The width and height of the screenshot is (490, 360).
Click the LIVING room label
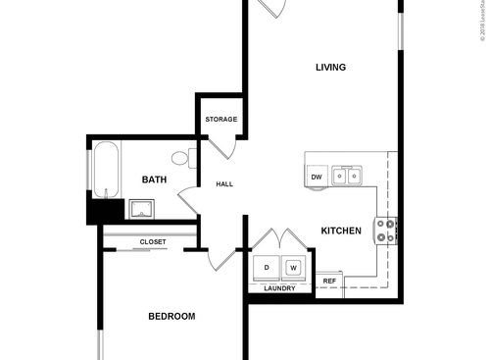[x=331, y=67]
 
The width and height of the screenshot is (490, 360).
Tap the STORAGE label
[x=220, y=120]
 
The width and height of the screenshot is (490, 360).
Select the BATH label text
[x=154, y=180]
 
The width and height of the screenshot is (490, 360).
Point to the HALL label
[x=223, y=184]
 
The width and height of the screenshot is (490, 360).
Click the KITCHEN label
[x=342, y=231]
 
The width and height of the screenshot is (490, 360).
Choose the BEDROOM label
[x=171, y=316]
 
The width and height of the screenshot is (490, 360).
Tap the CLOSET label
[x=153, y=241]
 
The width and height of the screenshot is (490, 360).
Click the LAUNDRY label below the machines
[x=280, y=288]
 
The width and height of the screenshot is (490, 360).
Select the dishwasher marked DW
[x=317, y=178]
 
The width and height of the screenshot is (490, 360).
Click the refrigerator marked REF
[x=329, y=282]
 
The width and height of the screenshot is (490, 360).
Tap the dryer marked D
[x=267, y=266]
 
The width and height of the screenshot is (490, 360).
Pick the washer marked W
[x=293, y=266]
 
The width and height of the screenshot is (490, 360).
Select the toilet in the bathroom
[x=181, y=157]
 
